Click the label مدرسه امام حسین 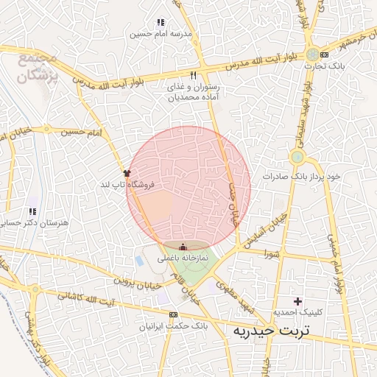[x=160, y=34]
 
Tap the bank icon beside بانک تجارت [x=325, y=54]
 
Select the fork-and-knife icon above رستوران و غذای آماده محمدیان [x=194, y=75]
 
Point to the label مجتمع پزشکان [x=37, y=66]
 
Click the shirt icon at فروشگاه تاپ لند [x=127, y=173]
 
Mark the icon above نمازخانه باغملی [x=183, y=247]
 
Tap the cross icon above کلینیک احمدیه [x=297, y=301]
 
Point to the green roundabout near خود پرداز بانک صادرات [x=297, y=157]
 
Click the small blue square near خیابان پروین [x=139, y=261]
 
